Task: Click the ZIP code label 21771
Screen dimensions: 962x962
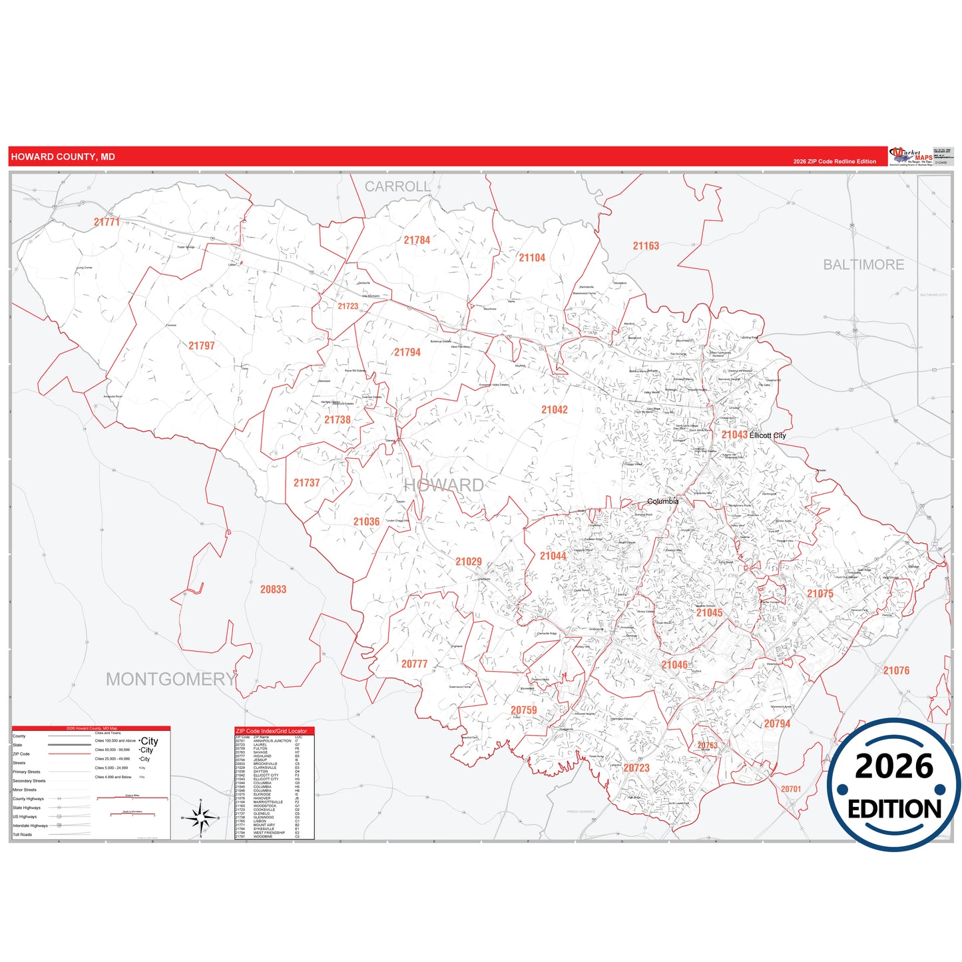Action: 107,222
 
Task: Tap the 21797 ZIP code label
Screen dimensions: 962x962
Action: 201,346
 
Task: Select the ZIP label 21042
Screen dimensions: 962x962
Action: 554,410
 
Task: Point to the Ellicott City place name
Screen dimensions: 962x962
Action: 768,435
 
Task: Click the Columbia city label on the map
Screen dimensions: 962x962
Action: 662,501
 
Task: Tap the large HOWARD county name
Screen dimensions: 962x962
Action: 444,485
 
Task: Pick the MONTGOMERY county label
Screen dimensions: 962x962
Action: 170,679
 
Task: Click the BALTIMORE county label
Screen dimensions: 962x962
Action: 863,265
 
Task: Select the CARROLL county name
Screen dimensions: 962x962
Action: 397,187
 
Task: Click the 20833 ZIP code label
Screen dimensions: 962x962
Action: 273,589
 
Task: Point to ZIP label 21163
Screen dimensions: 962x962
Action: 645,246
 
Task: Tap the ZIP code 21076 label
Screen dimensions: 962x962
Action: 896,670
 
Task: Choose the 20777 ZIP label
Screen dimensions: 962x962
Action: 414,664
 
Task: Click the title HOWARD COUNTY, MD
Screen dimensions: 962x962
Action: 63,157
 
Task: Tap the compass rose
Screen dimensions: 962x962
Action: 200,818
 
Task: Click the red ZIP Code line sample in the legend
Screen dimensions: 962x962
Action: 69,754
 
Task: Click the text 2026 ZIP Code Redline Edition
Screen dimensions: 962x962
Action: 834,162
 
